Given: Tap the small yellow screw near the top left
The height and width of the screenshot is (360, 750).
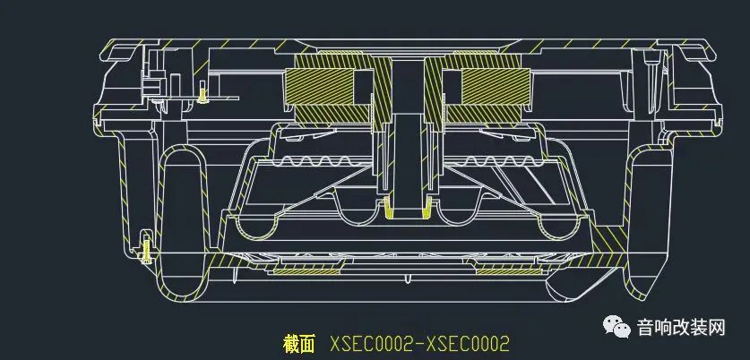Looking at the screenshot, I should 203,92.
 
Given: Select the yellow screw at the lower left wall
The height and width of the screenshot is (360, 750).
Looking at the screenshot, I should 146,246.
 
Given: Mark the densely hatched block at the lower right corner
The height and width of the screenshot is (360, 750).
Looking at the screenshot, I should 612,238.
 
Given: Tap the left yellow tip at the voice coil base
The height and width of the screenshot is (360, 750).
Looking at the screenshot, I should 387,208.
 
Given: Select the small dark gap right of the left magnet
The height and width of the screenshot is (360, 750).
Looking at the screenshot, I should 363,89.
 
